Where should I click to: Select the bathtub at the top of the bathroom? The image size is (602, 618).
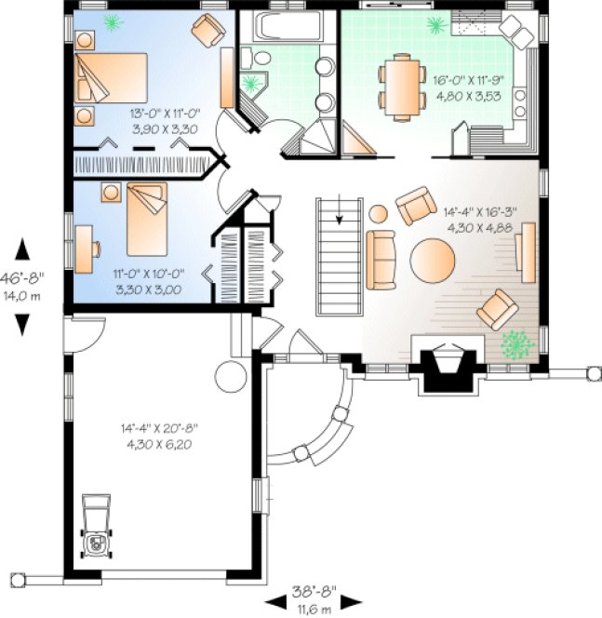[283, 29]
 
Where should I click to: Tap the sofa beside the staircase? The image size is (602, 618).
[381, 260]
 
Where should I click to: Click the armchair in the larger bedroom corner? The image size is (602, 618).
[208, 31]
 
